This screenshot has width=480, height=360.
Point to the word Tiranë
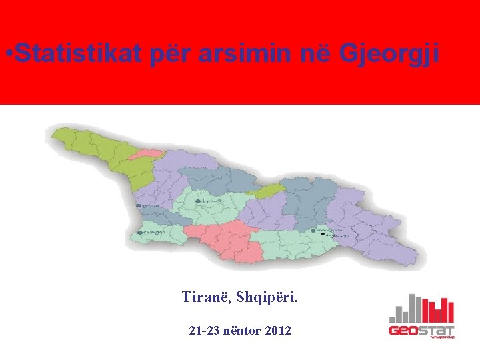click(205, 297)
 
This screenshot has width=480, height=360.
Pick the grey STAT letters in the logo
click(438, 330)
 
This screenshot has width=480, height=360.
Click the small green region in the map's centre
click(265, 191)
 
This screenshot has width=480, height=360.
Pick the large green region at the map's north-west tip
click(100, 150)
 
